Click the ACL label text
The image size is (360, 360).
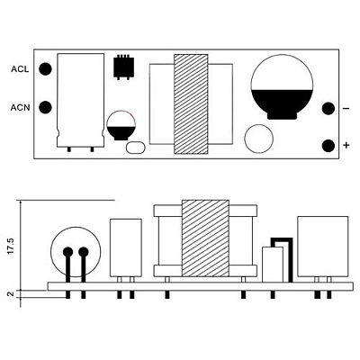(20, 69)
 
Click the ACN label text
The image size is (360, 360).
(21, 107)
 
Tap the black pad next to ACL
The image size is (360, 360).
(46, 69)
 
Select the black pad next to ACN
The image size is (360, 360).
(46, 107)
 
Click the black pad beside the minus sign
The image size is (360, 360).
(328, 108)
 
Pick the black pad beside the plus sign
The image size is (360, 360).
(328, 146)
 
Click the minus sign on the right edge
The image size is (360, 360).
(346, 108)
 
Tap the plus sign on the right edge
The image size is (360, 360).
(346, 146)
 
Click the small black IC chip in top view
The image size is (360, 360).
(123, 67)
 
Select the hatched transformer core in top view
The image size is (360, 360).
(191, 104)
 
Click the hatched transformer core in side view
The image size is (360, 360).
(205, 238)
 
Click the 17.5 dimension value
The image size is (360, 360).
(11, 247)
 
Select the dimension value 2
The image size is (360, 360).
(11, 294)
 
